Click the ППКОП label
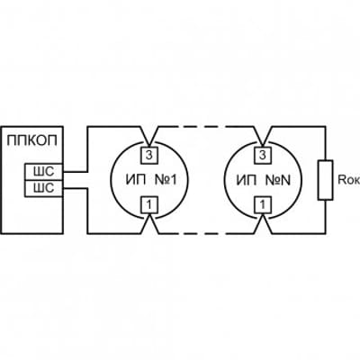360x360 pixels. coord(31,140)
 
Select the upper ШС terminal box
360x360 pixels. coord(44,172)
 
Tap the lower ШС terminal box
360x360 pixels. coord(44,188)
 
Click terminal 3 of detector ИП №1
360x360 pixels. coord(149,156)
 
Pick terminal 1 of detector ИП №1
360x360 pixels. coord(149,204)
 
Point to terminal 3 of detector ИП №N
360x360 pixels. coord(263,156)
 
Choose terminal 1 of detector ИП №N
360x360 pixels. coord(263,204)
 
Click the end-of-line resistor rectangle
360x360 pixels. coord(326,180)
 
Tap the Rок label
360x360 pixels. coord(349,180)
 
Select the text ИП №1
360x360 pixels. coord(151,180)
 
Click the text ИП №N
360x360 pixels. coord(264,180)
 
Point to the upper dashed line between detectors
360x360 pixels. coord(206,127)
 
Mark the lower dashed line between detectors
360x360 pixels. coord(206,233)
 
